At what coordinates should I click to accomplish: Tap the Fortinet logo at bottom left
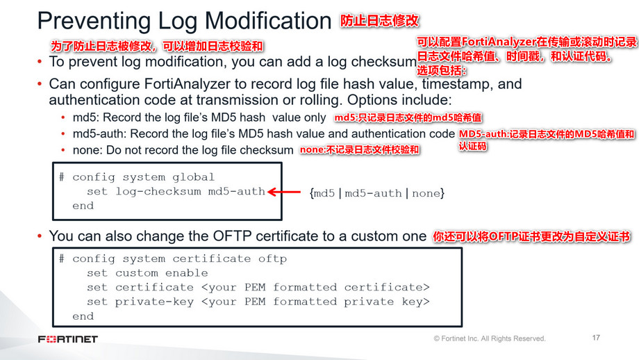coord(68,339)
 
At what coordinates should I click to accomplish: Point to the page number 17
coord(595,338)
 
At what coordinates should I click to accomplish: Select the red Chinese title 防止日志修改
coord(379,21)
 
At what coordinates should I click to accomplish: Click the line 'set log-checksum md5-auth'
coord(176,191)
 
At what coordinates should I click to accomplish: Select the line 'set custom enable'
coord(147,273)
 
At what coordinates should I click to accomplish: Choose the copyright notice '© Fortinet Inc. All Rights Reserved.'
coord(490,338)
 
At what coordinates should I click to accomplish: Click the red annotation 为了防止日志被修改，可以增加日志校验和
coord(157,47)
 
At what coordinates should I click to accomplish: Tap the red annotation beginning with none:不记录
coord(360,150)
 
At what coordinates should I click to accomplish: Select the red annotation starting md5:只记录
coord(398,117)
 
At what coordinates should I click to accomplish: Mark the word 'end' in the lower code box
coord(83,316)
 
